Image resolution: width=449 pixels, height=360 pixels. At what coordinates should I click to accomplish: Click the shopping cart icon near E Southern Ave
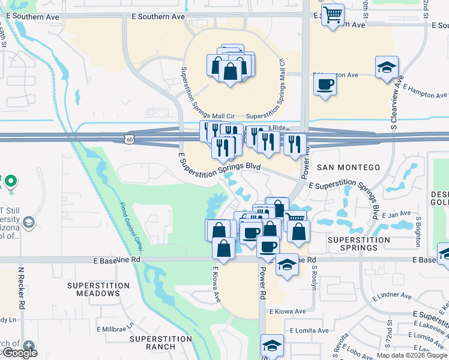332,14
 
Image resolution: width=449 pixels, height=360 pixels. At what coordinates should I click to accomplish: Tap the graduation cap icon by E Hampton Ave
387,67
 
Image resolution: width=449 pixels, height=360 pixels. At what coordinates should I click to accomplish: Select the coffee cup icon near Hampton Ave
325,84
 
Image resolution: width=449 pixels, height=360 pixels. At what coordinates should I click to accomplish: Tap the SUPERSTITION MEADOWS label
98,289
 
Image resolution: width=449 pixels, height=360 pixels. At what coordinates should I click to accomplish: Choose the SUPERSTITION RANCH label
161,343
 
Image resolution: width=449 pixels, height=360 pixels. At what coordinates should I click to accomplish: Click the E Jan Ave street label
396,214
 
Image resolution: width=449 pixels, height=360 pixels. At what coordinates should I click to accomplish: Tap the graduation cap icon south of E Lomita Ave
272,346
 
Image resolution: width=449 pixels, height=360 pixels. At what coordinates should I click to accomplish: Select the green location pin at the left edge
10,181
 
